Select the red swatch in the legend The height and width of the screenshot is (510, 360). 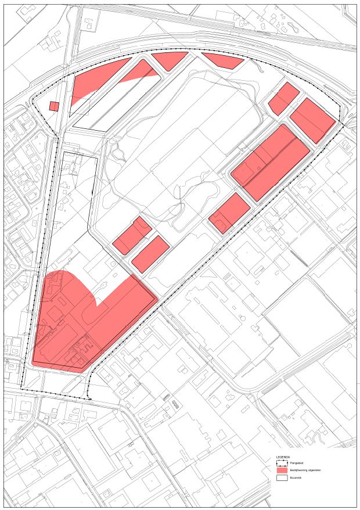coord(282,471)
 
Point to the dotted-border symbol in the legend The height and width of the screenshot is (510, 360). coord(282,463)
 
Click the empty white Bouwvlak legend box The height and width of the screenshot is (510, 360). coord(282,478)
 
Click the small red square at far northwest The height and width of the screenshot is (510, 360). coord(54,106)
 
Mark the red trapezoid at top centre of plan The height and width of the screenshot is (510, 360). coord(170,60)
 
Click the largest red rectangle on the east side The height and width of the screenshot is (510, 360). coord(271,161)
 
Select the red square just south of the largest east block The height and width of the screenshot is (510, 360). coord(229,213)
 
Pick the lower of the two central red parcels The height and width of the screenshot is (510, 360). coord(150,254)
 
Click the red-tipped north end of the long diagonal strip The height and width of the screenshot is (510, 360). coord(145,70)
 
